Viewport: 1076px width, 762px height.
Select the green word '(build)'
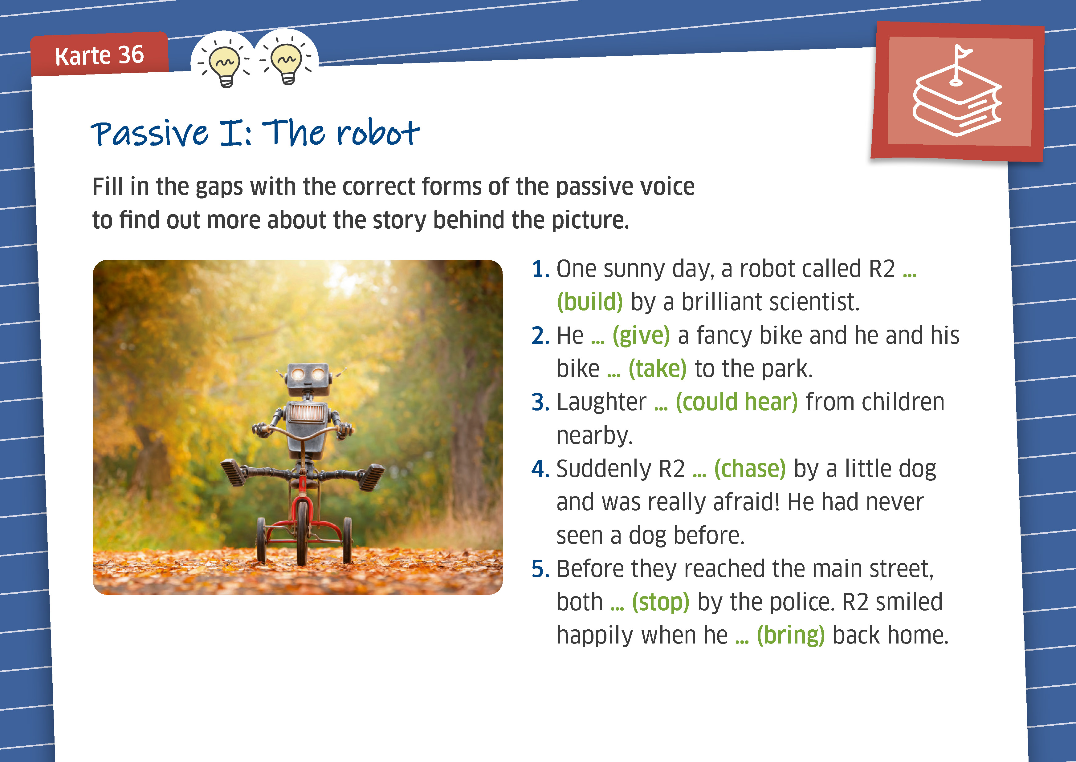click(589, 302)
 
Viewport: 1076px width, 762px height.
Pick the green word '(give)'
click(641, 335)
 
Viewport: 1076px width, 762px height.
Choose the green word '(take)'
click(658, 369)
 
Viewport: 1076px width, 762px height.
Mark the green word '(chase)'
click(750, 469)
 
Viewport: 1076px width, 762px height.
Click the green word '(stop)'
click(660, 602)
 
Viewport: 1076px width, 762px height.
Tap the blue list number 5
click(540, 569)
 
